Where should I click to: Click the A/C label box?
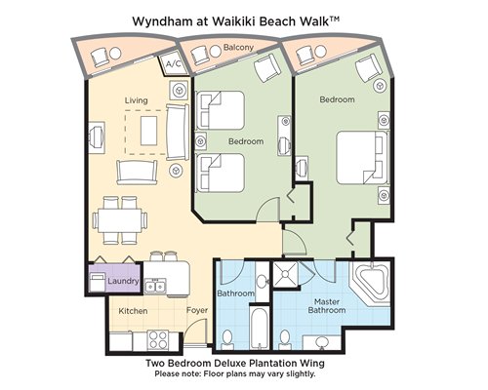click(x=174, y=63)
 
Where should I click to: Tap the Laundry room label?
click(x=123, y=281)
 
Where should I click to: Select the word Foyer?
click(x=197, y=310)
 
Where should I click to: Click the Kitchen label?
click(x=133, y=311)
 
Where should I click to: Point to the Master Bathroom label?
click(x=327, y=306)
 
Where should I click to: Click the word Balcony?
click(x=238, y=48)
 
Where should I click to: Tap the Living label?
click(x=136, y=100)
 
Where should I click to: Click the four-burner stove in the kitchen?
click(x=157, y=339)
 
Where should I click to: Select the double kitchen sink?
click(x=155, y=286)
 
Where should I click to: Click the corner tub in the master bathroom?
click(x=371, y=283)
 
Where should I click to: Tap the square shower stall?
click(x=285, y=274)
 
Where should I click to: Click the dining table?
click(x=119, y=220)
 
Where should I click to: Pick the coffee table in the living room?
click(x=148, y=131)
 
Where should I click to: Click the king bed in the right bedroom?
click(x=362, y=158)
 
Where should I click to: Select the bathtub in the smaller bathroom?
click(x=260, y=328)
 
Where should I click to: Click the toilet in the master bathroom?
click(x=285, y=339)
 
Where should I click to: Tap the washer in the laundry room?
click(x=97, y=282)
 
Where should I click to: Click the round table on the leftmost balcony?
click(x=115, y=53)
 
